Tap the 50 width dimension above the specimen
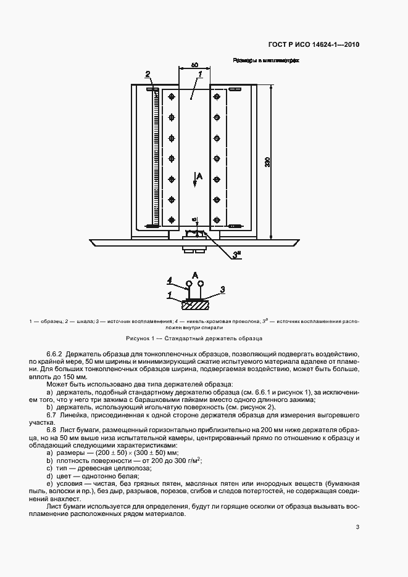(194, 65)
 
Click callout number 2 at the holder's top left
(148, 75)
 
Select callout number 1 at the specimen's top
(201, 75)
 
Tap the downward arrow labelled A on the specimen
(195, 178)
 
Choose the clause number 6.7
(52, 414)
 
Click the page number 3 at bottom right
(358, 526)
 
